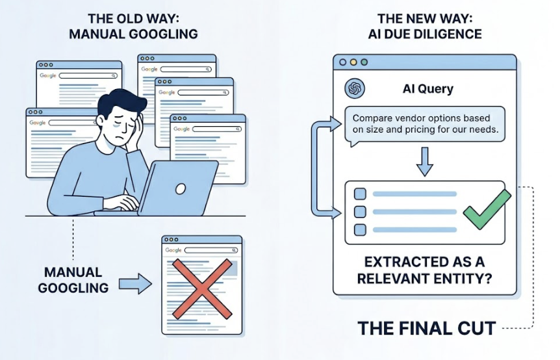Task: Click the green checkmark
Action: tap(487, 209)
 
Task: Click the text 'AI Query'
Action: tap(428, 88)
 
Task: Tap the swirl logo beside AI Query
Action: tap(355, 88)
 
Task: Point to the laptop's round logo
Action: tap(180, 189)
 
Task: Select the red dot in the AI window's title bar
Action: tap(343, 62)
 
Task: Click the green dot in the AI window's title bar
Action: tap(364, 62)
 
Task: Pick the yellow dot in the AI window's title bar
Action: tap(353, 62)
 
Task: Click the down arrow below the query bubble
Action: tap(424, 161)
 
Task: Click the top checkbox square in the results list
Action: tap(359, 194)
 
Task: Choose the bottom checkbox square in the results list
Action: tap(359, 229)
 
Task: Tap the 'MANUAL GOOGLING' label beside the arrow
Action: tap(73, 279)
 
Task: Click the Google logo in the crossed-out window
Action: tap(173, 250)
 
